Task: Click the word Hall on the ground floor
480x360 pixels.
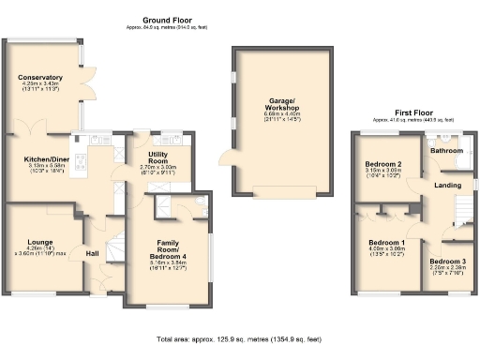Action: click(x=92, y=253)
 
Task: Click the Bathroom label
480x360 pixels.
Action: click(x=446, y=150)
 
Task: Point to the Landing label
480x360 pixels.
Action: click(x=446, y=185)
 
